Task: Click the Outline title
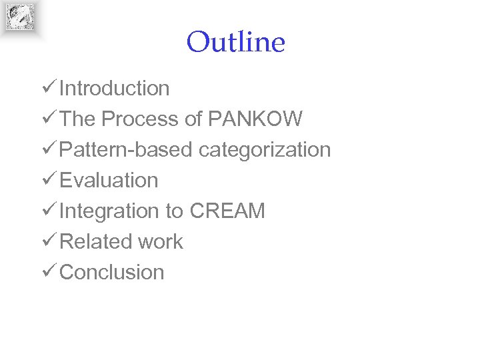tap(236, 43)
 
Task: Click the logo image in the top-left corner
tap(20, 17)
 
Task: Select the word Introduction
tap(115, 88)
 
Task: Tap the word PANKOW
tap(255, 119)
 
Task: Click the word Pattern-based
tap(126, 149)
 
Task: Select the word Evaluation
tap(109, 180)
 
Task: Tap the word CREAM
tap(227, 211)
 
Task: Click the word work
tap(161, 241)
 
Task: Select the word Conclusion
tap(112, 272)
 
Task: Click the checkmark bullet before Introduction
tap(48, 87)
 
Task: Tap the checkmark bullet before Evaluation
tap(48, 179)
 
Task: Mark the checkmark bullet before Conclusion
tap(48, 271)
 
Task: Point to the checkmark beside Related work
tap(48, 241)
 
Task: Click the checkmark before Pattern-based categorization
tap(48, 149)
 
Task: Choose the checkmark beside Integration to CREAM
tap(48, 210)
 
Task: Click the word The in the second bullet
tap(77, 119)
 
